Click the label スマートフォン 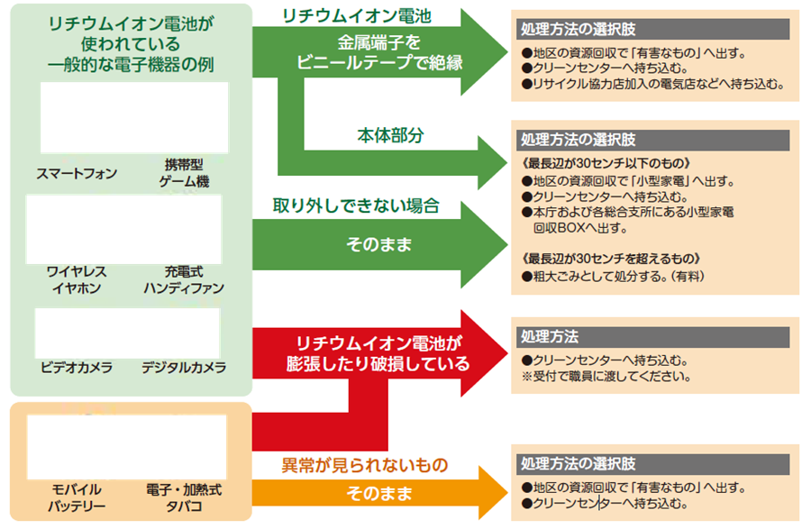pyautogui.click(x=77, y=173)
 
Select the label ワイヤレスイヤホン pyautogui.click(x=77, y=279)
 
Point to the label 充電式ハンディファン pyautogui.click(x=184, y=279)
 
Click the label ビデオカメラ pyautogui.click(x=77, y=368)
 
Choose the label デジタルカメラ pyautogui.click(x=184, y=368)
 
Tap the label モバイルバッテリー pyautogui.click(x=77, y=497)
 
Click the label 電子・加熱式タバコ pyautogui.click(x=184, y=497)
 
